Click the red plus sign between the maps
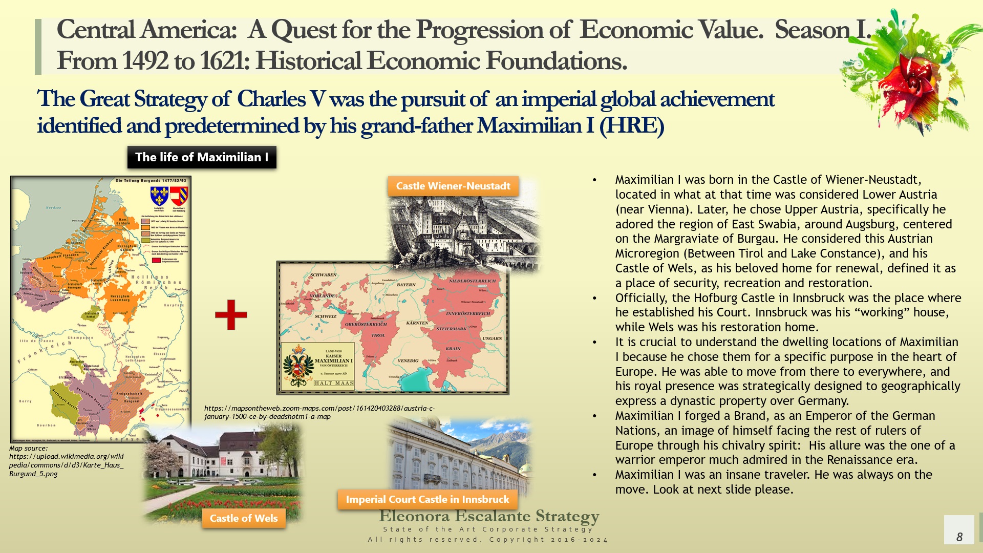pyautogui.click(x=231, y=315)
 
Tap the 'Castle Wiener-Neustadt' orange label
pyautogui.click(x=453, y=186)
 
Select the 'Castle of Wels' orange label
pyautogui.click(x=244, y=518)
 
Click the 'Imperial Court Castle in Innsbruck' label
pyautogui.click(x=428, y=499)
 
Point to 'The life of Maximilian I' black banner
pyautogui.click(x=202, y=157)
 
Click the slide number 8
pyautogui.click(x=959, y=536)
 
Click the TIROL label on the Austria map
pyautogui.click(x=378, y=335)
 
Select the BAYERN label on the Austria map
pyautogui.click(x=406, y=285)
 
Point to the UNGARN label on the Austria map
pyautogui.click(x=492, y=338)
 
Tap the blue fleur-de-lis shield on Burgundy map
pyautogui.click(x=159, y=196)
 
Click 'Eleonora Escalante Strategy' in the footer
pyautogui.click(x=489, y=516)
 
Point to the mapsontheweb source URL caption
pyautogui.click(x=319, y=412)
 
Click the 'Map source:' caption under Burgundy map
pyautogui.click(x=28, y=449)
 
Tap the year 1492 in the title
pyautogui.click(x=145, y=61)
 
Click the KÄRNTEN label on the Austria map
pyautogui.click(x=417, y=323)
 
